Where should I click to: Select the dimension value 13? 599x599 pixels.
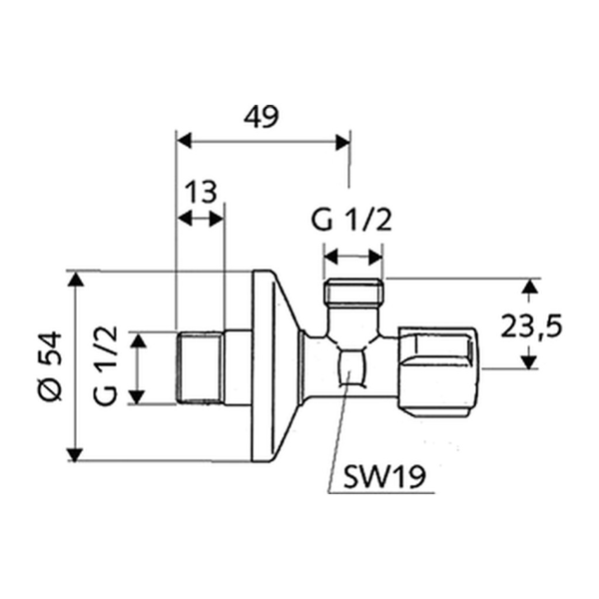coord(201,192)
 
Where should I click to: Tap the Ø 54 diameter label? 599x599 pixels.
coord(50,366)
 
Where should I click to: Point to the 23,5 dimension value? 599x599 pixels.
coord(531,326)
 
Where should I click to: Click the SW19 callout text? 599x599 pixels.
coord(384,476)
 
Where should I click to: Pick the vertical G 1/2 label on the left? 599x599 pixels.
coord(105,365)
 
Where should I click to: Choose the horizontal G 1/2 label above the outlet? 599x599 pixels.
coord(351,221)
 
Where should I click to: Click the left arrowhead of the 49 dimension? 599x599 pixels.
coord(185,142)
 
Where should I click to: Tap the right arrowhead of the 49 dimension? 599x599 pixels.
coord(342,142)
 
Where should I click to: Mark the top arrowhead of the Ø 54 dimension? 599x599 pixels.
coord(76,279)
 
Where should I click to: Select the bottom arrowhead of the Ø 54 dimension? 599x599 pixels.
coord(75,454)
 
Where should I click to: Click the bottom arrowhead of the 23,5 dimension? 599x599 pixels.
coord(529,361)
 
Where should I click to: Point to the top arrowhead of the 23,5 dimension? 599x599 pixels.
coord(529,287)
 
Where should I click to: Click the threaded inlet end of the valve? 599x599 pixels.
coord(200,367)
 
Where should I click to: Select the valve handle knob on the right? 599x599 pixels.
coord(438,371)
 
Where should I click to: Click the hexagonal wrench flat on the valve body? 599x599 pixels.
coord(352,367)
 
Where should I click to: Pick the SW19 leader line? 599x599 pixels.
coord(339,434)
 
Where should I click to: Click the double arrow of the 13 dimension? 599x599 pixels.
coord(201,220)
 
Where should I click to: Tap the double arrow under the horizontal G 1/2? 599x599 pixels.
coord(352,257)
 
